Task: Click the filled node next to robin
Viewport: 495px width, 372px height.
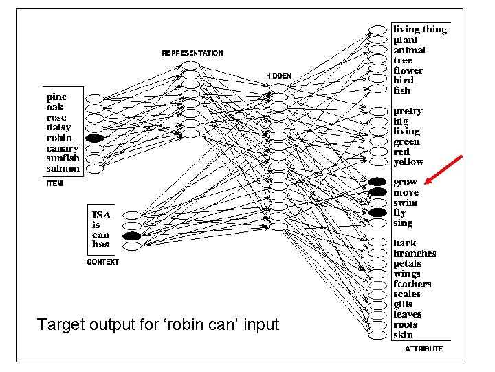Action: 95,138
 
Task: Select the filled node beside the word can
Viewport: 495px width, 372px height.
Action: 131,236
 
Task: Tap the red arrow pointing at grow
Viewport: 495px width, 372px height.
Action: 443,170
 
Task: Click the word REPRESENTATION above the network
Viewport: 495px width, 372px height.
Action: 192,53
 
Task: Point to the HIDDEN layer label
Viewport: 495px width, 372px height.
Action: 278,75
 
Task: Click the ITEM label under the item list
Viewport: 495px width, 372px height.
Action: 54,183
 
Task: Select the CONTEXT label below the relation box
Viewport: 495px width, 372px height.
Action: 102,262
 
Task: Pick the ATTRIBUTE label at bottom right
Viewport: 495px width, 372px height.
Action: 423,349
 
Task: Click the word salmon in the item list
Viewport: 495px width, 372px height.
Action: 63,169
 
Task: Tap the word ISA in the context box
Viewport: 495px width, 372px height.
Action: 101,215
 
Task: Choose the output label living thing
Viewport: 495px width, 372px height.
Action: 419,30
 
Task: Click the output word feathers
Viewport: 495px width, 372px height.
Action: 412,284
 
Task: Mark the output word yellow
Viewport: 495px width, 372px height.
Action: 408,162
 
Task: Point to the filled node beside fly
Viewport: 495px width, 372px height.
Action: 377,213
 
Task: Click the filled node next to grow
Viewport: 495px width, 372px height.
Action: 377,182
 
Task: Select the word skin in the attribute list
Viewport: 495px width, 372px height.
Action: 403,335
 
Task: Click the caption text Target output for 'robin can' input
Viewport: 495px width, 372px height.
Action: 158,324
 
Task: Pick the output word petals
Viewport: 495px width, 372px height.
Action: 408,264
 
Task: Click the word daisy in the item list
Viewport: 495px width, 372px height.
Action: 58,127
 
